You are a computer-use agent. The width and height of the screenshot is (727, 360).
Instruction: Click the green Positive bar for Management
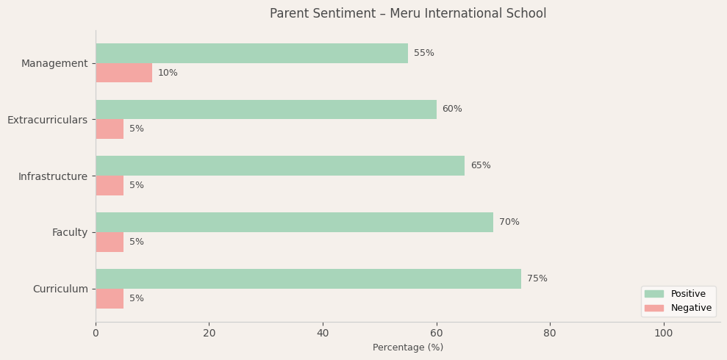coord(251,53)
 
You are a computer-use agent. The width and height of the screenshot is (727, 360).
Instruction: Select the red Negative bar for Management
coord(123,73)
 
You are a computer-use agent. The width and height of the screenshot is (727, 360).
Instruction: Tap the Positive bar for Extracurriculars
coord(265,109)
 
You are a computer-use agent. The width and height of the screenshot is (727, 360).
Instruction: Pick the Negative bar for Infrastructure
coord(110,185)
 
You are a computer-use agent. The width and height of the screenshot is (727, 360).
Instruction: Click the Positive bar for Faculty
coord(294,222)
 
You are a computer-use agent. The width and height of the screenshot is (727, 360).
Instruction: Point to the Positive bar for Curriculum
coord(308,278)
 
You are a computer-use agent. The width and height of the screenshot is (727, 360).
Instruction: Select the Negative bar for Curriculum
coord(110,298)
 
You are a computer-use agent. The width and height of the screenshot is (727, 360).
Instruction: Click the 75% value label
coord(537,278)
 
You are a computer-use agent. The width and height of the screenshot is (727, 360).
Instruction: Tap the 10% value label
coord(168,73)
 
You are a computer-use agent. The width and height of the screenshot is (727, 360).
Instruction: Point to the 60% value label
coord(452,109)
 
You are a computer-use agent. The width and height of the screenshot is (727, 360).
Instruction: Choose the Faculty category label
coord(70,232)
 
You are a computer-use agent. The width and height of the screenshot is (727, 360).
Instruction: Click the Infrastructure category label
coord(53,176)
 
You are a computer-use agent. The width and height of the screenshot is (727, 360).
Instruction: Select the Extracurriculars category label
coord(47,120)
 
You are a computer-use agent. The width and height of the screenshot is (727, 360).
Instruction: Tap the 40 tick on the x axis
coord(323,333)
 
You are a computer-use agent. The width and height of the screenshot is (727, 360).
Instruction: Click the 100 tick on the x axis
coord(664,333)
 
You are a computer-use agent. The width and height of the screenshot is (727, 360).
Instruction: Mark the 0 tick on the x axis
coord(96,333)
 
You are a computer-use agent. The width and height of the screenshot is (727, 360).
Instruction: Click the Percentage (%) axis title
coord(408,348)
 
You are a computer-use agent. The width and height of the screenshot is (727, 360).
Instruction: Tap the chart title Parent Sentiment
coord(408,14)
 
